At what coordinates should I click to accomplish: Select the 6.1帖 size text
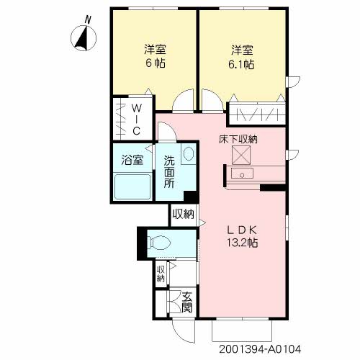pos(242,63)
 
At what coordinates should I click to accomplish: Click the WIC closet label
pos(135,119)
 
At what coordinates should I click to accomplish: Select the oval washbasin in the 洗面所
pos(189,155)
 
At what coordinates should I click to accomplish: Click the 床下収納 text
pos(238,138)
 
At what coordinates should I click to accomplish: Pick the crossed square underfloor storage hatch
pos(239,155)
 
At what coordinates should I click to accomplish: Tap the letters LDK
pos(243,229)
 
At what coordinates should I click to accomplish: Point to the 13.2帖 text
pos(243,243)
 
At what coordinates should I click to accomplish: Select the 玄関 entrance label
pos(186,302)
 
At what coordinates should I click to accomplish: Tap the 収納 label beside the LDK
pos(183,214)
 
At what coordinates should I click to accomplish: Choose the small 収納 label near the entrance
pos(161,274)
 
